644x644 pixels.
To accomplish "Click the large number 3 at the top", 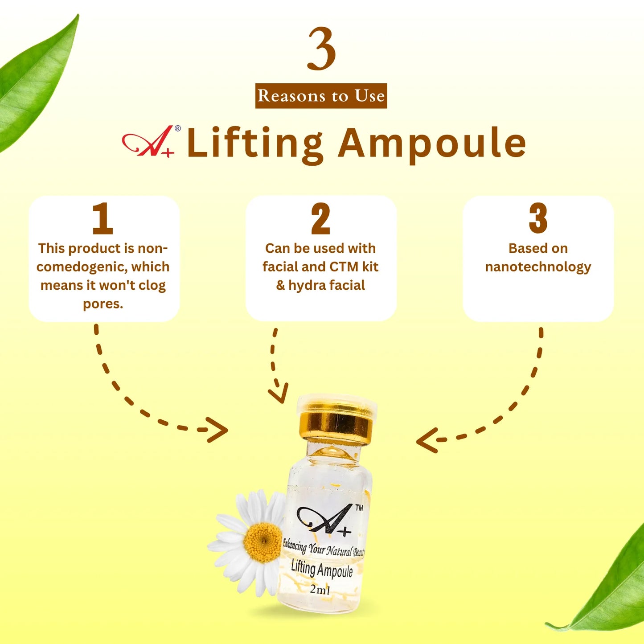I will [321, 49].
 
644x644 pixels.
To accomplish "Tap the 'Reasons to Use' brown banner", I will [321, 96].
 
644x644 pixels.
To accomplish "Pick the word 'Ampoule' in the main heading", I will [432, 144].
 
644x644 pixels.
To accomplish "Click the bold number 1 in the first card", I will [103, 218].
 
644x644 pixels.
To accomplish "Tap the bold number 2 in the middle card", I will [320, 218].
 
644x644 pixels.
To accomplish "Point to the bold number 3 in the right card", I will [538, 218].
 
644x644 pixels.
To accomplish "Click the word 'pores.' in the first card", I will [103, 304].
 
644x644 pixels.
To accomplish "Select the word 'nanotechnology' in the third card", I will [538, 267].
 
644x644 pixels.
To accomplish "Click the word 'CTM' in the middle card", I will [344, 267].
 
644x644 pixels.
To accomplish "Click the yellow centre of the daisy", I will [263, 542].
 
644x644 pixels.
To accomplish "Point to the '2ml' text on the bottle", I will [320, 590].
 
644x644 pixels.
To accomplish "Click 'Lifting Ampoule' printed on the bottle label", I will [322, 569].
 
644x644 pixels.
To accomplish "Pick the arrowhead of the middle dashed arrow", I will [279, 394].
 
